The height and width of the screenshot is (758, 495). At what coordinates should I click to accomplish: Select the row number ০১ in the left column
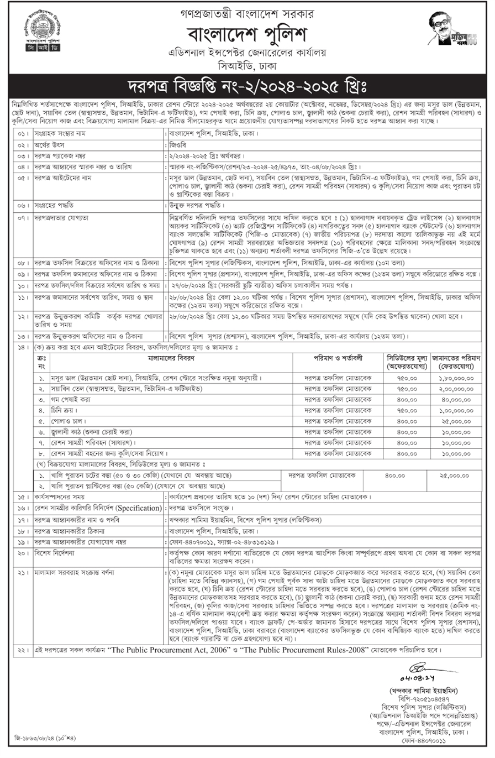[x=23, y=134]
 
